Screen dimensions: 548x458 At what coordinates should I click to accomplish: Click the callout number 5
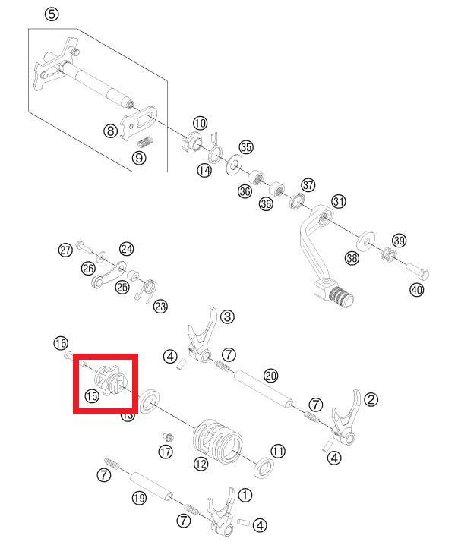click(x=52, y=14)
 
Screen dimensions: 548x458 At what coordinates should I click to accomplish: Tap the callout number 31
click(x=339, y=201)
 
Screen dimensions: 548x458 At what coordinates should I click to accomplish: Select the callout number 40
click(x=416, y=289)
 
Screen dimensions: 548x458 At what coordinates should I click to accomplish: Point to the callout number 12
click(x=201, y=463)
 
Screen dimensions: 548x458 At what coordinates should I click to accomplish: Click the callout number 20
click(x=271, y=376)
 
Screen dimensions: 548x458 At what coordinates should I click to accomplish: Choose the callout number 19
click(x=139, y=498)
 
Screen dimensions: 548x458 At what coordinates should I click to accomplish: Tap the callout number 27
click(x=65, y=250)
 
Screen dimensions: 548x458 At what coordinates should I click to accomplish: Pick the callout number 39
click(x=399, y=241)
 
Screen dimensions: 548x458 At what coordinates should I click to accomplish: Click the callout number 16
click(x=61, y=343)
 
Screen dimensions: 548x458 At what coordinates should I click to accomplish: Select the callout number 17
click(x=166, y=452)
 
